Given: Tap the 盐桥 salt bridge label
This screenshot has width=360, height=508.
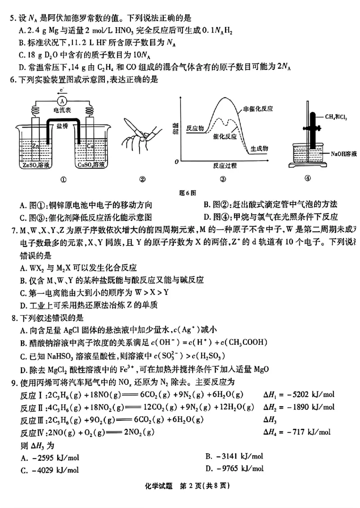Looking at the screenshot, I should click(x=63, y=128).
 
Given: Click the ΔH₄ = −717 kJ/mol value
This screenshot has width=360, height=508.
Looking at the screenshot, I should click(x=297, y=432).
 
